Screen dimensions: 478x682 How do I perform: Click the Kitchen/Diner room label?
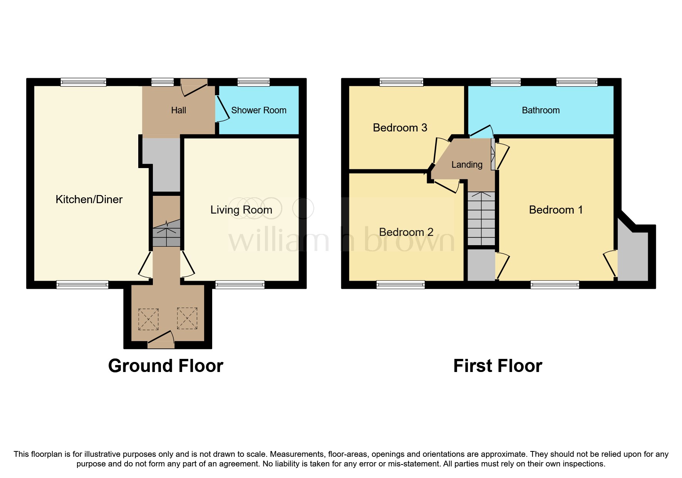tap(89, 199)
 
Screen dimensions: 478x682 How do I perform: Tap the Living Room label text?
tap(241, 210)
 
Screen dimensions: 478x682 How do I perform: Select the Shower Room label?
tap(258, 110)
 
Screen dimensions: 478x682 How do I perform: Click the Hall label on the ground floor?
tap(178, 110)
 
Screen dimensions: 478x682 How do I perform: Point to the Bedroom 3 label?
tap(400, 128)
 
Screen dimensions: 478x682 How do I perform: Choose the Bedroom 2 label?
tap(406, 232)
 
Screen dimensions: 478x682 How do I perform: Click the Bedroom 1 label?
tap(555, 210)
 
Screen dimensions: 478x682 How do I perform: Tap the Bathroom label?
tap(540, 110)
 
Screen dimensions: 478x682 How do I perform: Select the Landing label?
tap(466, 165)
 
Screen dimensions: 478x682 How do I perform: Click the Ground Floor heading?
tap(166, 365)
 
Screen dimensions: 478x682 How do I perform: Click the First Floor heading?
tap(498, 365)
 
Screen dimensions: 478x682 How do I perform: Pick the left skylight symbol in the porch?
tap(148, 319)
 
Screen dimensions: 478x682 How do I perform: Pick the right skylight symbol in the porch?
tap(187, 318)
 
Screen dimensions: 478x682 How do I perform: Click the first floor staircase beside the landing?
tap(481, 219)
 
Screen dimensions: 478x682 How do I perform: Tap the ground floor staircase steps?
tap(166, 233)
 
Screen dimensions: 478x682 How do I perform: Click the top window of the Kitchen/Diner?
tap(83, 82)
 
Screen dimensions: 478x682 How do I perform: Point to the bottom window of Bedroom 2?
tap(400, 285)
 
